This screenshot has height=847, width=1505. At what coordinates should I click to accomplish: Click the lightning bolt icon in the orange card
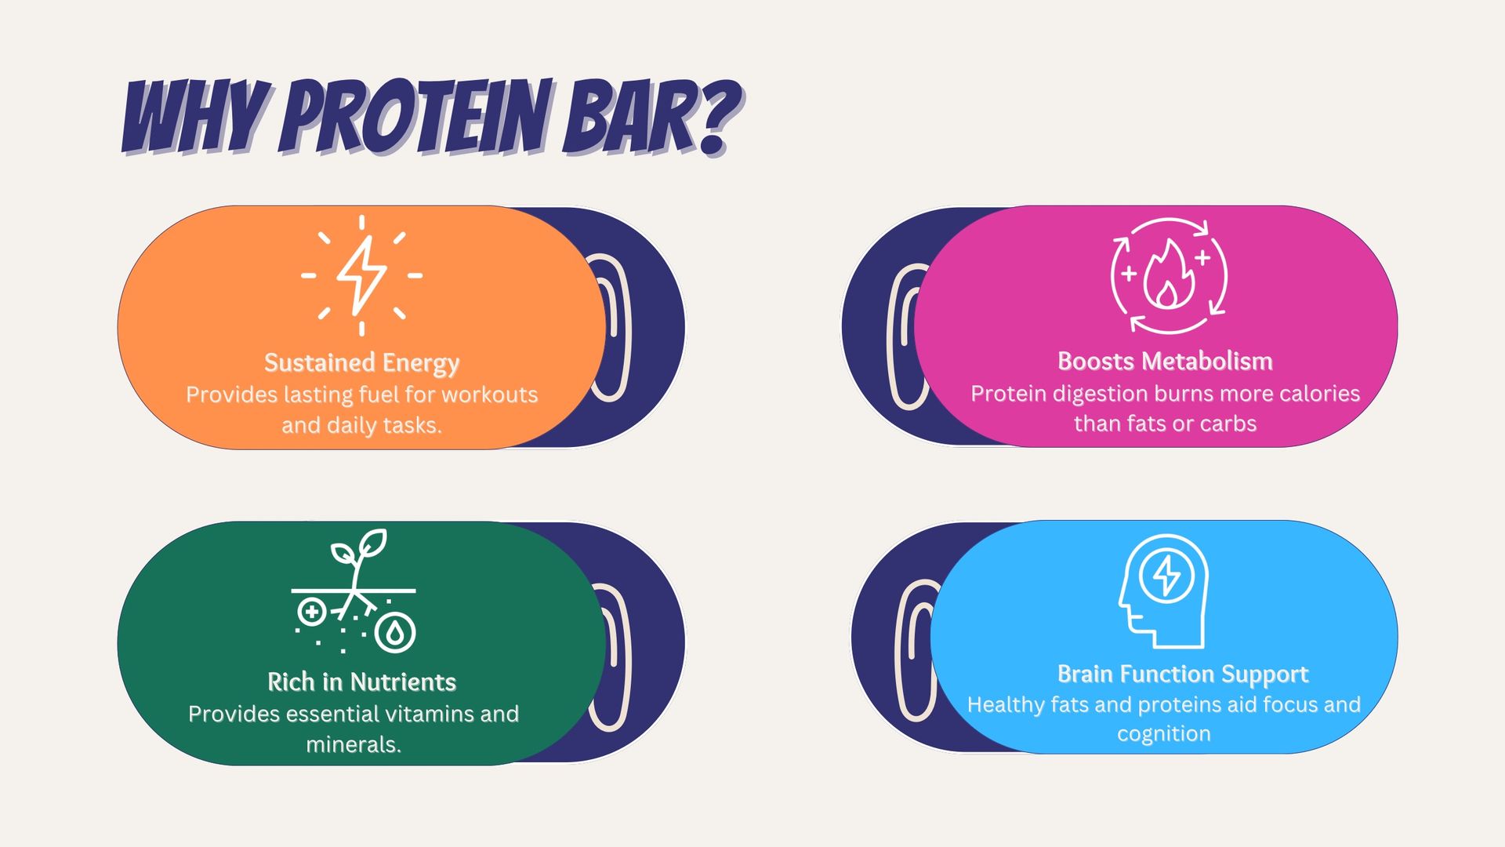click(361, 275)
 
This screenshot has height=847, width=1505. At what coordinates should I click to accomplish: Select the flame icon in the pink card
click(1169, 275)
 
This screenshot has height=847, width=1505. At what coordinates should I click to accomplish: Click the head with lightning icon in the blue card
click(1163, 591)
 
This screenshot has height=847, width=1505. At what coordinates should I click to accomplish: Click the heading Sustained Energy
click(361, 363)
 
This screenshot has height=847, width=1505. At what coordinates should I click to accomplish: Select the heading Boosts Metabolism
click(1165, 361)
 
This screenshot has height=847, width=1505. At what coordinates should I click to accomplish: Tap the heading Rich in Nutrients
click(361, 682)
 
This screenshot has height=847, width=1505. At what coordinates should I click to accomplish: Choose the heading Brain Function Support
click(1183, 674)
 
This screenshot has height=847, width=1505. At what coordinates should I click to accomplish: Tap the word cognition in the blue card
click(1164, 734)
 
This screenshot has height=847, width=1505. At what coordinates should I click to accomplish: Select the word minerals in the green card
click(354, 744)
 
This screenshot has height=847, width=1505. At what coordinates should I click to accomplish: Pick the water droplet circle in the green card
click(395, 632)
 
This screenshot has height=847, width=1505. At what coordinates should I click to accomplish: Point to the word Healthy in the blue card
click(1006, 705)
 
